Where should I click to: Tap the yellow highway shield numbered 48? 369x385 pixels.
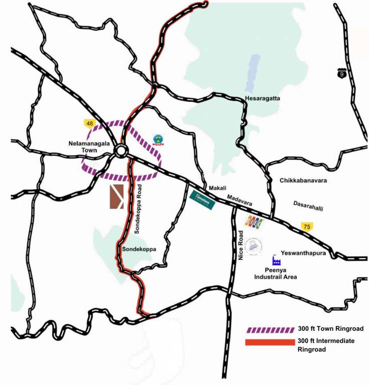89,123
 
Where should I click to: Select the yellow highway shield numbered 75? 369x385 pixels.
306,227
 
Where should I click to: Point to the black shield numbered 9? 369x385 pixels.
341,74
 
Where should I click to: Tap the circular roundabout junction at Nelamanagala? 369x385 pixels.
120,150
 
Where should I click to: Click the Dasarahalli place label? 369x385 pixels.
308,204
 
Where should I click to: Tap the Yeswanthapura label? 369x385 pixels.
304,254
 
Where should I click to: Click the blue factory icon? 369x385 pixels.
276,261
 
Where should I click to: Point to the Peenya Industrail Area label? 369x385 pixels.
276,273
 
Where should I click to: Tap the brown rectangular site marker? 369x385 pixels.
117,196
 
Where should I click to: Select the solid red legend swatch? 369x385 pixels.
270,342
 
